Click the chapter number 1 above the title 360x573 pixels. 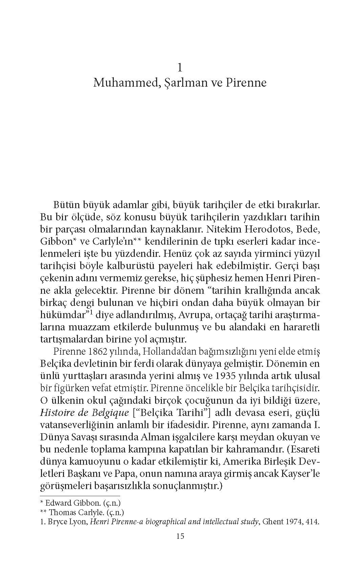[x=180, y=68]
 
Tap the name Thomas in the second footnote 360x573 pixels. [x=61, y=512]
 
